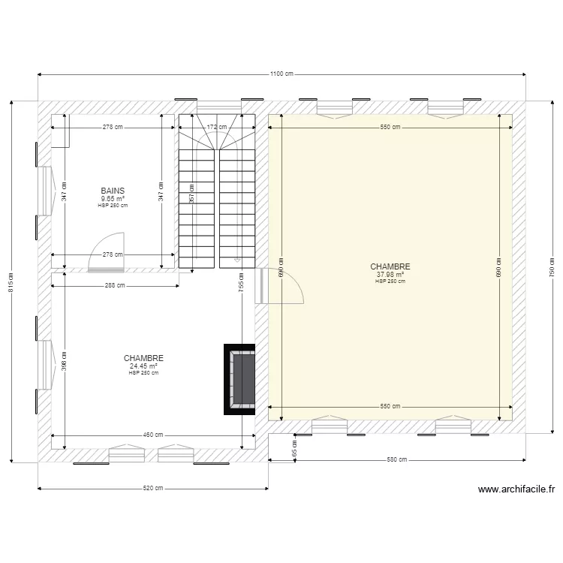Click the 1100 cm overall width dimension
point(281,74)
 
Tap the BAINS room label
point(113,191)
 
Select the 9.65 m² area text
point(113,198)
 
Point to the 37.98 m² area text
point(390,274)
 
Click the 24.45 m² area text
point(143,366)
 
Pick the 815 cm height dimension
point(11,281)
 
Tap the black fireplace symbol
point(240,378)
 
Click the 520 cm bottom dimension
point(153,489)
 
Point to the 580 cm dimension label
point(396,459)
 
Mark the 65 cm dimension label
point(294,448)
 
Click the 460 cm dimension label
point(153,435)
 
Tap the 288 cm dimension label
point(115,285)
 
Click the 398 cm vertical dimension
point(65,362)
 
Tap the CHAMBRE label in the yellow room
point(390,266)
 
